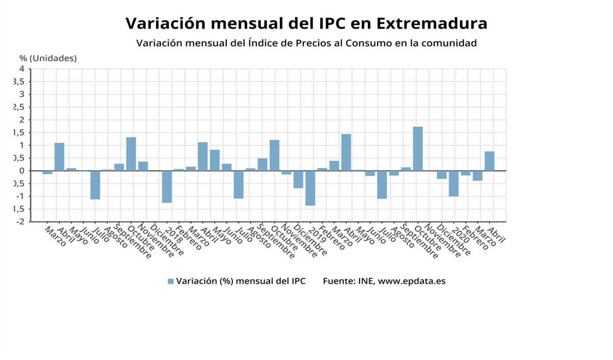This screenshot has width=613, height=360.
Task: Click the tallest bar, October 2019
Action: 418,149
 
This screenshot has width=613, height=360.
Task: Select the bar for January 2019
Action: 310,188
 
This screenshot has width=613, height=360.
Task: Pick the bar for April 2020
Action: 489,161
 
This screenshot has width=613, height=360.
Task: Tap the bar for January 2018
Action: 167,186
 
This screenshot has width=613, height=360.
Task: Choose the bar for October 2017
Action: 131,154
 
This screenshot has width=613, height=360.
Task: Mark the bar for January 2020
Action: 454,183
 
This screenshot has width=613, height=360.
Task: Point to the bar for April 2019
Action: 346,152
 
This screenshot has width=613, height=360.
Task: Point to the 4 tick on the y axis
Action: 22,68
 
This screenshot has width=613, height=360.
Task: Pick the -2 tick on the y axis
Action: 20,222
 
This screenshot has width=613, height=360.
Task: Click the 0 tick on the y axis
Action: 22,171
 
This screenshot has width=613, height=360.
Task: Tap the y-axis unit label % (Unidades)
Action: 48,58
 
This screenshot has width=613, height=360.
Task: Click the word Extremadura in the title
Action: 432,23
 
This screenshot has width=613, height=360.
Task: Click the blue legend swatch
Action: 171,281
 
